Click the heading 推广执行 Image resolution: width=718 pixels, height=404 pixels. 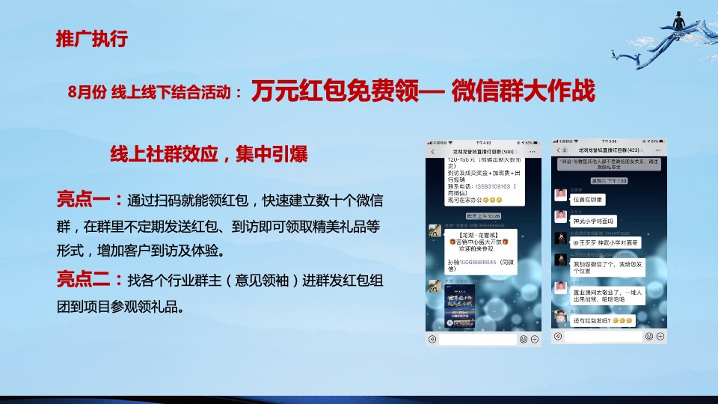[x=90, y=40]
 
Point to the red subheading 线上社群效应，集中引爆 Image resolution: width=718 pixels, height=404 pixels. [x=209, y=154]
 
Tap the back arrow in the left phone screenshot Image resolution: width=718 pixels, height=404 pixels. [x=433, y=152]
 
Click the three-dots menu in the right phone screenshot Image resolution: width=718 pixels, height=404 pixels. [x=659, y=152]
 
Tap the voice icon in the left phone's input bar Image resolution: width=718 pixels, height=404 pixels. [x=433, y=339]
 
